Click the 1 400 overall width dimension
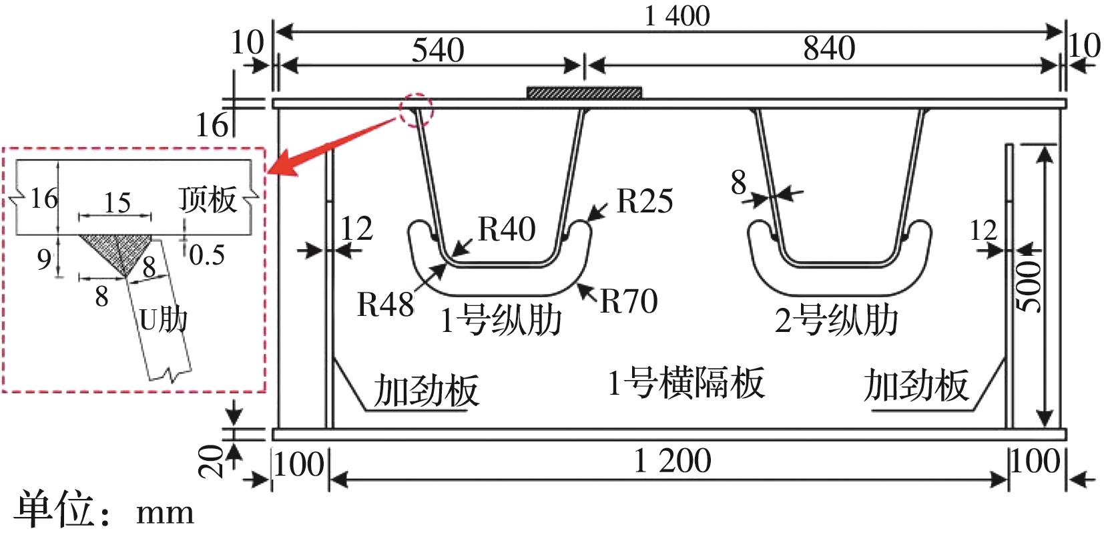[677, 15]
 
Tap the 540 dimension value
[437, 50]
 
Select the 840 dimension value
[828, 49]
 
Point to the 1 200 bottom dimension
[672, 461]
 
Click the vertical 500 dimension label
[1031, 287]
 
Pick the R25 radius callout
[644, 200]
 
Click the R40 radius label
[507, 229]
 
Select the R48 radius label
[385, 305]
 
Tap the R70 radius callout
[629, 301]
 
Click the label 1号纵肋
[501, 321]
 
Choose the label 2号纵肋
[836, 321]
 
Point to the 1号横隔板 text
[685, 384]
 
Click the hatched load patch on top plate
[584, 93]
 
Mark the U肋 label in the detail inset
[162, 321]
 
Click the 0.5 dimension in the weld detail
[206, 254]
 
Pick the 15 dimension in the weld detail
[117, 202]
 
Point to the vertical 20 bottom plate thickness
[212, 462]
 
